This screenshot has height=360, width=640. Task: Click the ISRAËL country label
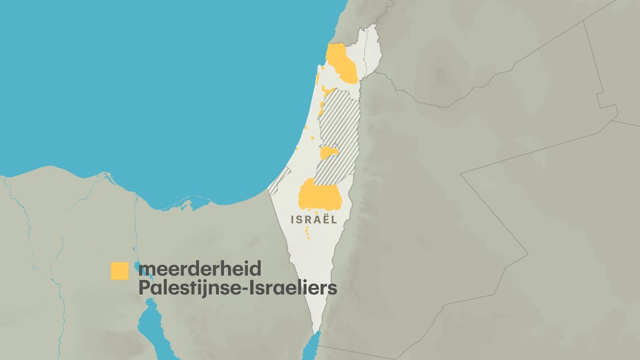pos(314,219)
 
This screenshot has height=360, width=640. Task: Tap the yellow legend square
pos(119,271)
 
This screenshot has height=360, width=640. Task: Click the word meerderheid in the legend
pos(199,269)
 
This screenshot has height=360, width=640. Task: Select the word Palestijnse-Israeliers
pos(237,287)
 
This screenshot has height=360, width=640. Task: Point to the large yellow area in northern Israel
pos(342,63)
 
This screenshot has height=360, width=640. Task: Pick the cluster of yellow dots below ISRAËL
pos(307,232)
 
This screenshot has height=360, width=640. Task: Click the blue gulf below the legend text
pos(151,325)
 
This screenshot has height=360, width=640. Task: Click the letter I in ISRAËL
pos(293,219)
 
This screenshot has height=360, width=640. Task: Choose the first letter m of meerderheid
pos(147,270)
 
